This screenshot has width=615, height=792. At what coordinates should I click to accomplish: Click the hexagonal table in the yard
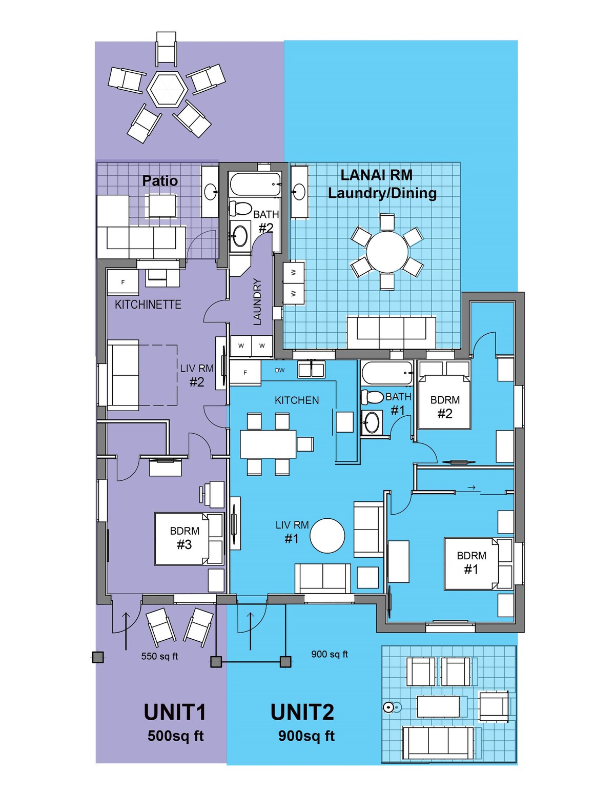pyautogui.click(x=167, y=89)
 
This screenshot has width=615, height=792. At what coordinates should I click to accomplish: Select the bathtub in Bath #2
pyautogui.click(x=255, y=184)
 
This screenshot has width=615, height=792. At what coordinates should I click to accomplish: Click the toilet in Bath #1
pyautogui.click(x=372, y=397)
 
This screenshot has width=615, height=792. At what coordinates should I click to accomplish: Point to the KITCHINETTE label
pyautogui.click(x=148, y=305)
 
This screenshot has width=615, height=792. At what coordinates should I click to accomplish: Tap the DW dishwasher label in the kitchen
pyautogui.click(x=280, y=370)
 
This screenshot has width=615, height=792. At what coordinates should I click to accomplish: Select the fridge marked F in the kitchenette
pyautogui.click(x=122, y=282)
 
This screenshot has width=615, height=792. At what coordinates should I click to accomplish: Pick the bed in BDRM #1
pyautogui.click(x=471, y=563)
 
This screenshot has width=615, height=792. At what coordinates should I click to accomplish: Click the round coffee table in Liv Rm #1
pyautogui.click(x=327, y=536)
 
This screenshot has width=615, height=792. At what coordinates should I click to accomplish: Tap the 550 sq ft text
pyautogui.click(x=159, y=656)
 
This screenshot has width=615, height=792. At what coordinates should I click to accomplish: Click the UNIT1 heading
pyautogui.click(x=175, y=712)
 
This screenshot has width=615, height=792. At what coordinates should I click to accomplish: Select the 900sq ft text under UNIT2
pyautogui.click(x=306, y=736)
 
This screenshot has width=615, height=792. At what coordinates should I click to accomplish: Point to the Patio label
pyautogui.click(x=160, y=181)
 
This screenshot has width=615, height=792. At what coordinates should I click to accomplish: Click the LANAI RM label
pyautogui.click(x=376, y=175)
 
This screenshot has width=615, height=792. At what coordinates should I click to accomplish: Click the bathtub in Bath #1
pyautogui.click(x=386, y=372)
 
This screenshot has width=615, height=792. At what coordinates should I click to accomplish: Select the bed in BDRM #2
pyautogui.click(x=444, y=402)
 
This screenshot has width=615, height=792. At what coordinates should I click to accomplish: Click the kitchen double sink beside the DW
pyautogui.click(x=311, y=370)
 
